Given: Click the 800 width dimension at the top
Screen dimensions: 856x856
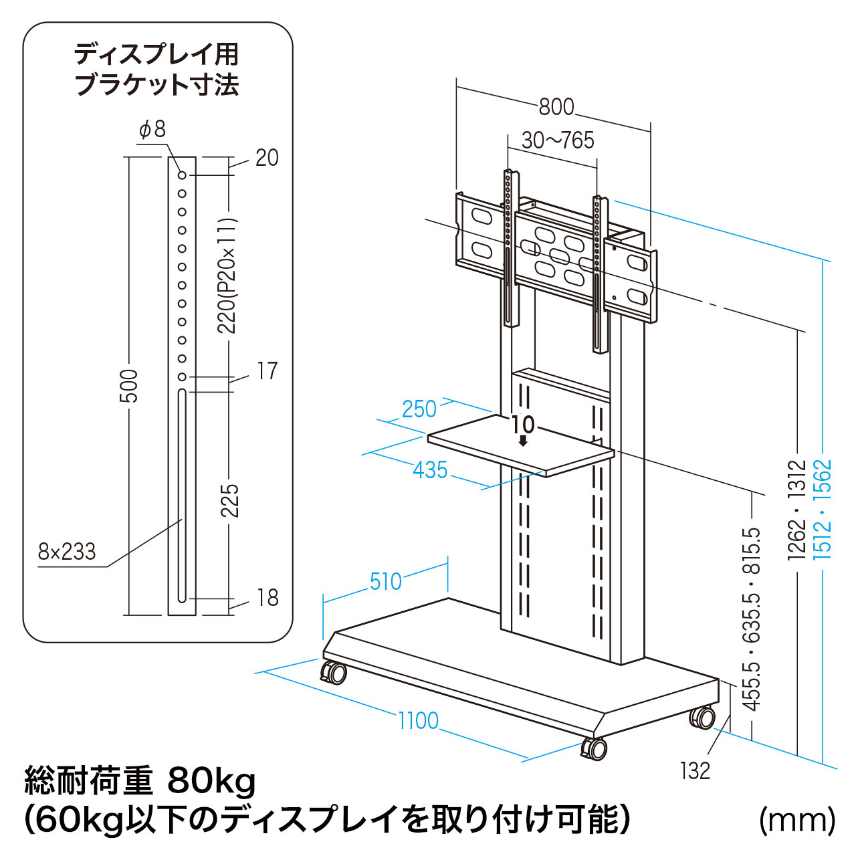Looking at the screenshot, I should [x=556, y=106].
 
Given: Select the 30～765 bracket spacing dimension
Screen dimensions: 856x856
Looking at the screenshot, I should [x=558, y=140].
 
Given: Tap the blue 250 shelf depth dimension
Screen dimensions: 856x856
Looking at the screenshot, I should [x=419, y=409].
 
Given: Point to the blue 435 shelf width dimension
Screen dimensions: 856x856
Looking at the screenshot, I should [x=430, y=470].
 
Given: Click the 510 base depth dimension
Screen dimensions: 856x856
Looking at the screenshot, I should [x=386, y=582].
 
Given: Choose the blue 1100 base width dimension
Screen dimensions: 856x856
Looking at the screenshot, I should [x=419, y=721].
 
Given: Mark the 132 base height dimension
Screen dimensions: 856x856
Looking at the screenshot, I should [x=695, y=771].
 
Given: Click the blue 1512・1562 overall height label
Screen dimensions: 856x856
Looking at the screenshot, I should [x=822, y=509].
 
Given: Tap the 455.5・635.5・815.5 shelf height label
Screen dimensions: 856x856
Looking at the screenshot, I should [x=752, y=619].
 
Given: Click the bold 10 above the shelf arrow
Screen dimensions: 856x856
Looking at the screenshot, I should [x=523, y=425].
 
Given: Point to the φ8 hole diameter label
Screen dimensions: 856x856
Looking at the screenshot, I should [x=152, y=129].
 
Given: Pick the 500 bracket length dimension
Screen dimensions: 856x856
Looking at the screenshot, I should [x=128, y=386].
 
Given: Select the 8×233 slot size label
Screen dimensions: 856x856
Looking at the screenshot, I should [x=67, y=552].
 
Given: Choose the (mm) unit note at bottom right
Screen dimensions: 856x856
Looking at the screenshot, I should [x=797, y=820].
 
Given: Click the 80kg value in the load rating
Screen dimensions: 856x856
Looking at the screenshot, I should [x=212, y=780].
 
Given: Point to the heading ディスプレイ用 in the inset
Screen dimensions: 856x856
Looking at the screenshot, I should [x=156, y=54].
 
